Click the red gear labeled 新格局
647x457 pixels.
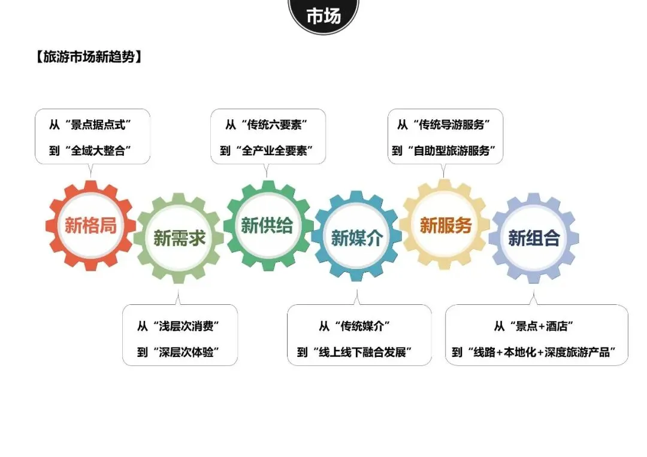click(x=91, y=226)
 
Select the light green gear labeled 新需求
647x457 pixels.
click(x=179, y=238)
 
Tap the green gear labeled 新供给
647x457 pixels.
click(x=267, y=226)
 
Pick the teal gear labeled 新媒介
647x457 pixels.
click(x=357, y=238)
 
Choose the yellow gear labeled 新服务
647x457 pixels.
click(x=446, y=226)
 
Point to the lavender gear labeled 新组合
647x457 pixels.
click(x=534, y=238)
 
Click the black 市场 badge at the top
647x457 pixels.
click(x=323, y=16)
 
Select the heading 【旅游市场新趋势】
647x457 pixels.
click(x=89, y=57)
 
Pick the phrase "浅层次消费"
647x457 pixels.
click(x=185, y=327)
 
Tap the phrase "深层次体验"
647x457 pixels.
click(x=185, y=352)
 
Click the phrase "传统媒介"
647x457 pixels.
click(x=364, y=327)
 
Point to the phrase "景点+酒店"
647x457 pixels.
click(x=541, y=327)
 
